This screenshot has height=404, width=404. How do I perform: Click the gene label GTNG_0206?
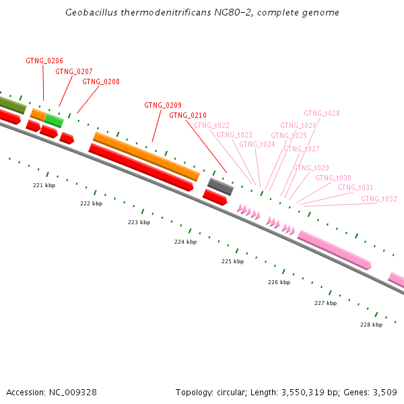click(44, 61)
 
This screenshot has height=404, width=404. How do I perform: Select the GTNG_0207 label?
click(74, 71)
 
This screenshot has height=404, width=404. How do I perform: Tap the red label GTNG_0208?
click(101, 81)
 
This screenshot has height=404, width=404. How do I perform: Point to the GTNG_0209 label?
click(163, 105)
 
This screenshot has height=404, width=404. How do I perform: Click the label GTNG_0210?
click(188, 115)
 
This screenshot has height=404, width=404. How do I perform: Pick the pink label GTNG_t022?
click(211, 125)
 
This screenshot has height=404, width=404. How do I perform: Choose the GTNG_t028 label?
click(322, 113)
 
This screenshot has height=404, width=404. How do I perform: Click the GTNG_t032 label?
click(379, 199)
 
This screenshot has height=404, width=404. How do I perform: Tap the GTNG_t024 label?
click(257, 144)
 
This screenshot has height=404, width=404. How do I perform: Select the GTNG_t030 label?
click(333, 178)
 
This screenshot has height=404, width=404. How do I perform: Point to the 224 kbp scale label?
click(186, 242)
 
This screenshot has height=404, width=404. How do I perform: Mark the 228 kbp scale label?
click(371, 325)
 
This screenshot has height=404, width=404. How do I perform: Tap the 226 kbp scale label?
click(279, 283)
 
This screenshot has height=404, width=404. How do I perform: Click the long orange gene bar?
click(146, 156)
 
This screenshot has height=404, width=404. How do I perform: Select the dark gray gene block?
click(220, 185)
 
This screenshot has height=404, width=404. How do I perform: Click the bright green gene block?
click(54, 121)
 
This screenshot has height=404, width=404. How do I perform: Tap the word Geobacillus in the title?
click(90, 12)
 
